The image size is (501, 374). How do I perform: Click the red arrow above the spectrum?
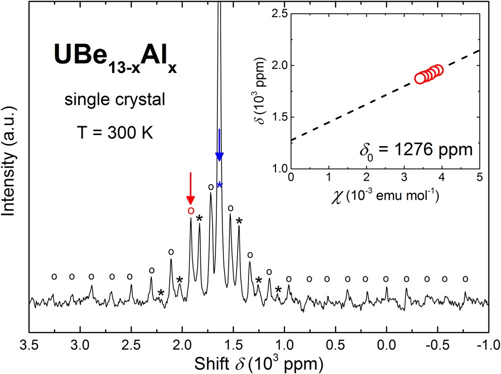click(190, 187)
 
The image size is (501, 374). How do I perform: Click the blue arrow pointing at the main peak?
click(219, 145)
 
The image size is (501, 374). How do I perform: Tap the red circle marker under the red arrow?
click(190, 210)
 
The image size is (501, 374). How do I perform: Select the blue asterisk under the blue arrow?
click(219, 185)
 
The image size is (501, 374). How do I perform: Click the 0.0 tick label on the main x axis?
click(386, 345)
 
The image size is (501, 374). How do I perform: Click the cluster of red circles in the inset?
click(429, 74)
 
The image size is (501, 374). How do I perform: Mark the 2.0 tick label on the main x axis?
click(182, 345)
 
